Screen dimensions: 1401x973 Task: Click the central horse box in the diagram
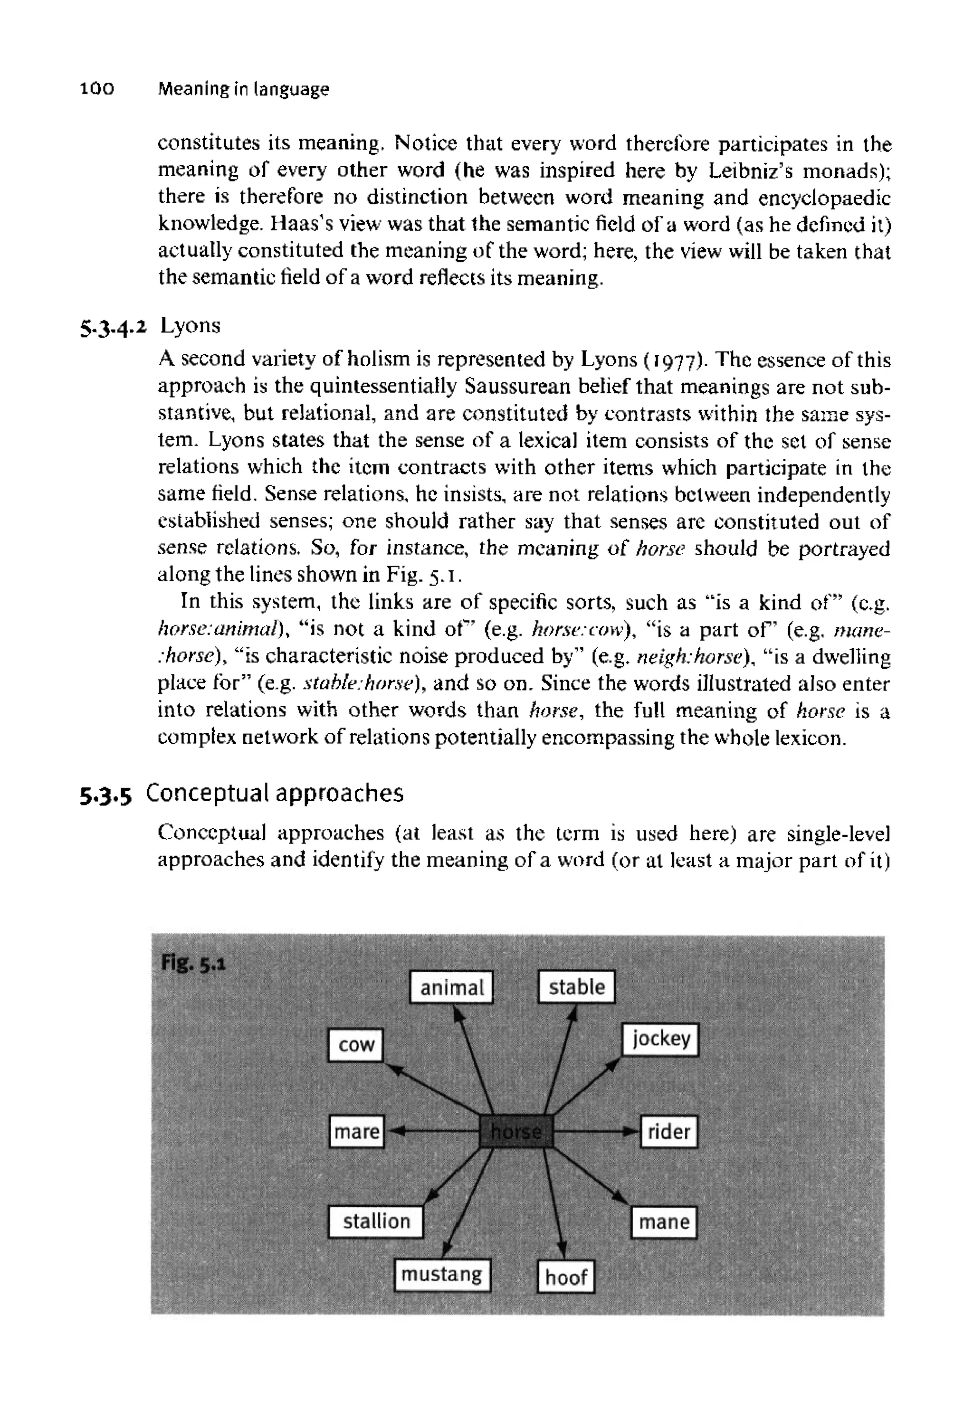point(516,1131)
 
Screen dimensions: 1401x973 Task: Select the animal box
point(451,987)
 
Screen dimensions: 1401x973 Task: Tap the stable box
point(576,986)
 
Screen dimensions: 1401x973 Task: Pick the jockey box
point(660,1039)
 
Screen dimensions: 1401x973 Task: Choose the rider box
point(669,1132)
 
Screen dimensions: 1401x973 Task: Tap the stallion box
point(375,1221)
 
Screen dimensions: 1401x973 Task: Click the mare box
point(357,1132)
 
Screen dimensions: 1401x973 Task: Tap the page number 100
point(97,90)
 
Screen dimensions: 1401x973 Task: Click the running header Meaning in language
point(243,90)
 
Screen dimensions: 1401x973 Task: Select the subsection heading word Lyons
point(190,326)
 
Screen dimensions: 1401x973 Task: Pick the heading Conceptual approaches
point(275,794)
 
